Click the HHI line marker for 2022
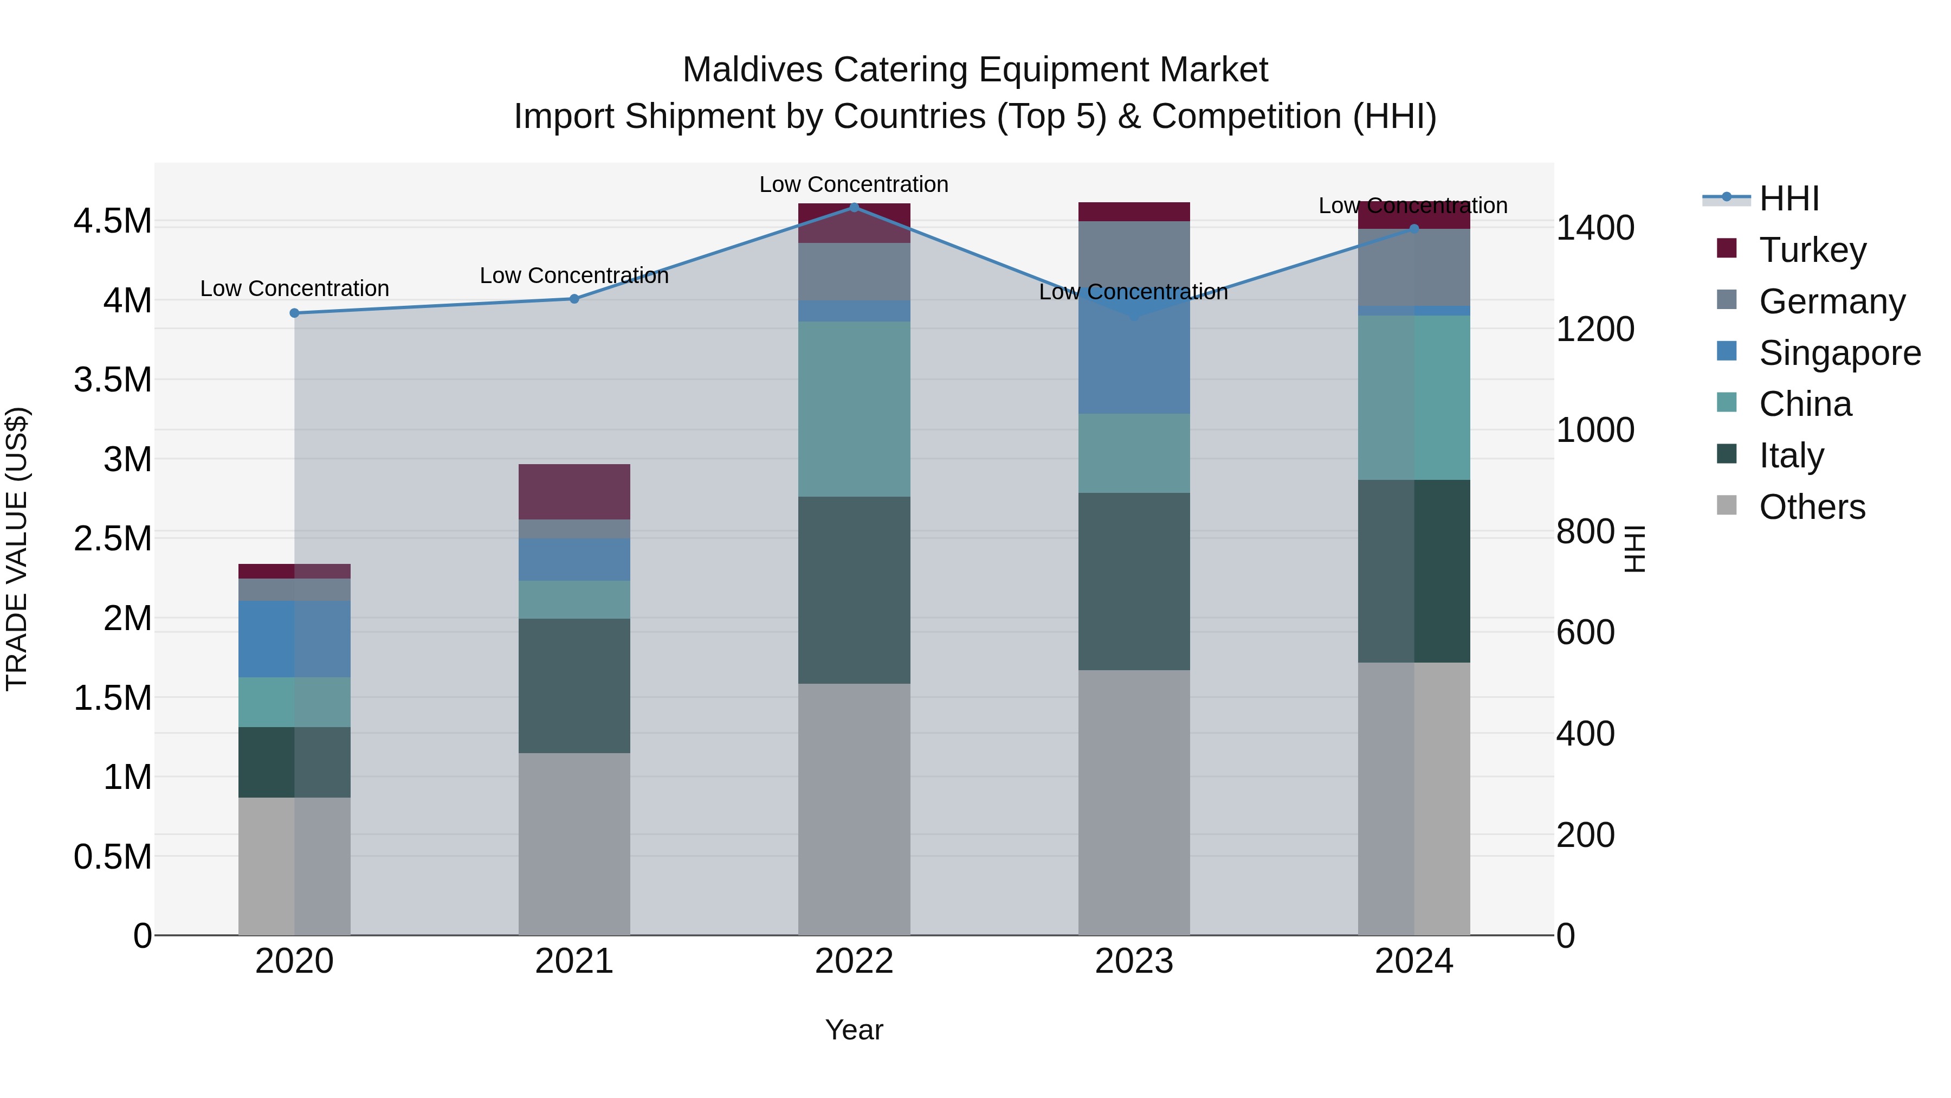[x=854, y=207]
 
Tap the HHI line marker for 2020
[x=295, y=313]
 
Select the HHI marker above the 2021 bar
[x=574, y=299]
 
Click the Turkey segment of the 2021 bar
[x=574, y=491]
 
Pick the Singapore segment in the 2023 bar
[x=1134, y=364]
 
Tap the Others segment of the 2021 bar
[x=574, y=843]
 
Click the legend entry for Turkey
[x=1812, y=250]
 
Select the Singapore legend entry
[x=1839, y=353]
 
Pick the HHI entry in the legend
[x=1788, y=198]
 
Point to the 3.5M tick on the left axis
[x=112, y=380]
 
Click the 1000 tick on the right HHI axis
[x=1595, y=431]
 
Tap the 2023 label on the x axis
[x=1134, y=961]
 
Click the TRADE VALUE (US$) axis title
[x=17, y=549]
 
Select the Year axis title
[x=854, y=1030]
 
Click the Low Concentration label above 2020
[x=295, y=288]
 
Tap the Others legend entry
[x=1812, y=507]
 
